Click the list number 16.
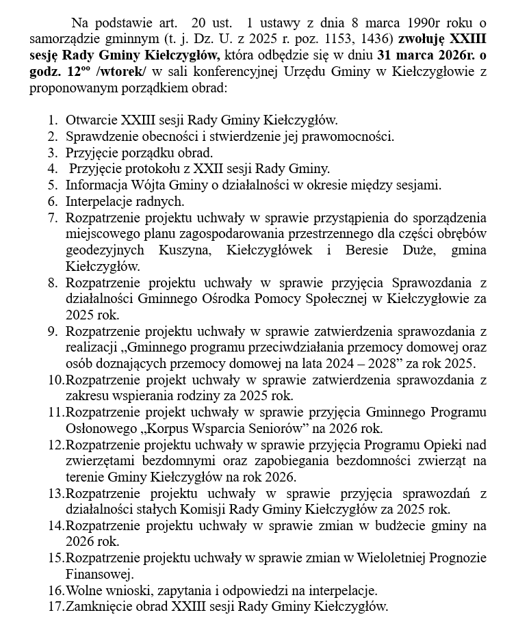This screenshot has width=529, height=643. (55, 590)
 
